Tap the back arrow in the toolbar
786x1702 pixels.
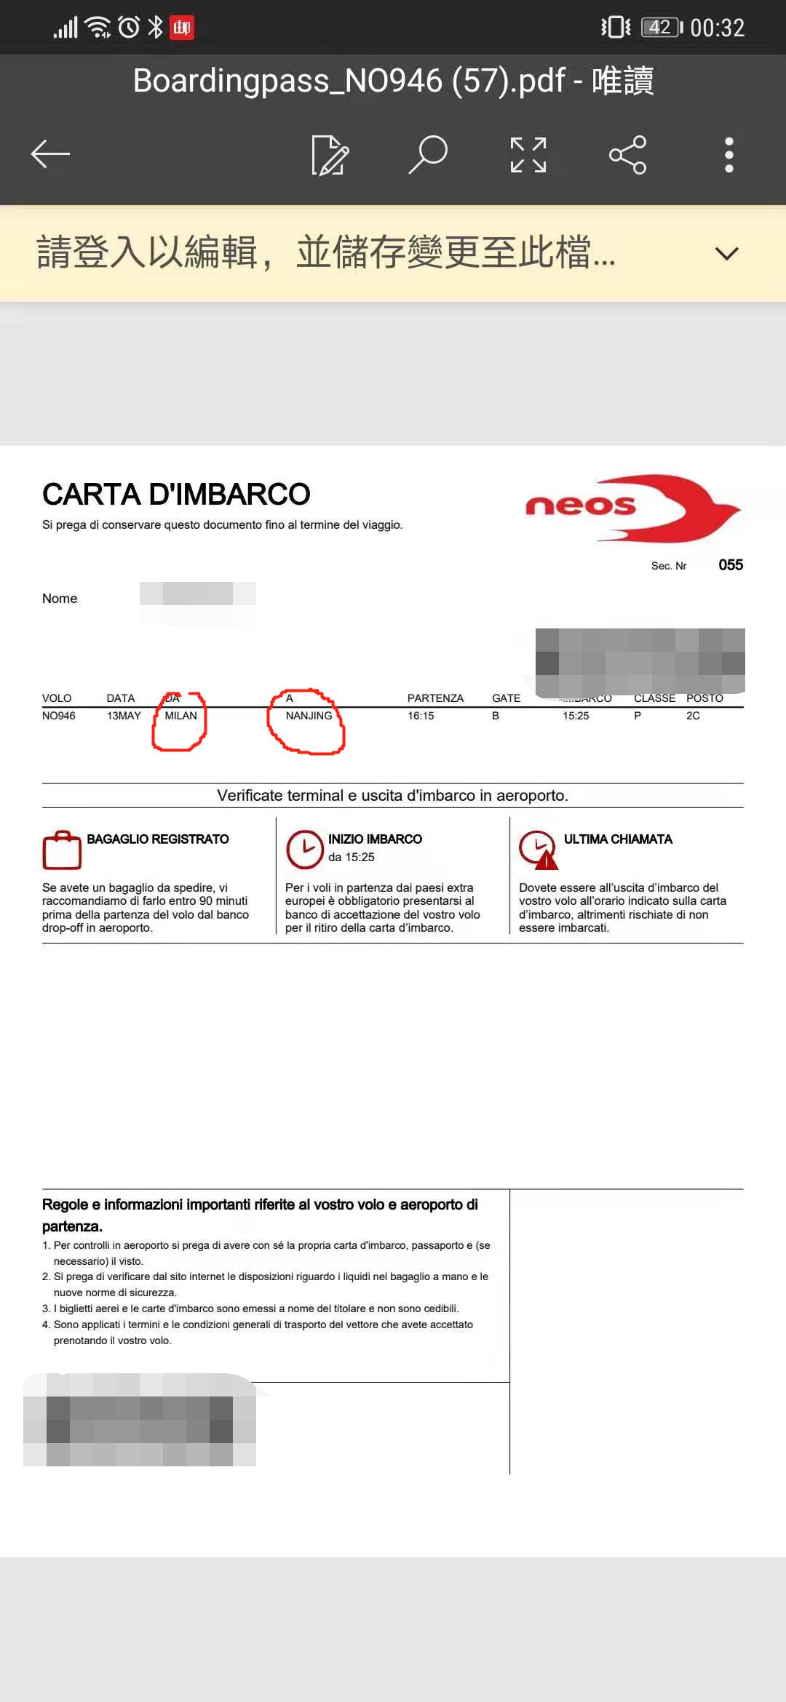(50, 154)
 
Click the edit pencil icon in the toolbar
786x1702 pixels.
(330, 155)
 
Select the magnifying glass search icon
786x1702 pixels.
(428, 154)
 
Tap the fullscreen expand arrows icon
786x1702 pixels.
(528, 155)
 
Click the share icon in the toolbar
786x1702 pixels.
(627, 155)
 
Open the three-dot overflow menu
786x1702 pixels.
(729, 155)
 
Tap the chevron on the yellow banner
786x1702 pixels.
(726, 254)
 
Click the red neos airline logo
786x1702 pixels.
(632, 508)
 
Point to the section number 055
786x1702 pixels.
(730, 565)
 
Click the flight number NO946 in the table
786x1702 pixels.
(59, 716)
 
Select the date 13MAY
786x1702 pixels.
(124, 716)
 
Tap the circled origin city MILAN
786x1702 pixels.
(180, 716)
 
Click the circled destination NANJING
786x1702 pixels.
(309, 716)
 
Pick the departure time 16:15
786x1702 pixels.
(421, 716)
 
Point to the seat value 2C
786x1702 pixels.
(693, 716)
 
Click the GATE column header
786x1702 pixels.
(506, 698)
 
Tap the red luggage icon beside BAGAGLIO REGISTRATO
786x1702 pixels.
(62, 850)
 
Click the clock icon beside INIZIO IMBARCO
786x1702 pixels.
(304, 850)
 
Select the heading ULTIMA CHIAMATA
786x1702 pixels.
(618, 839)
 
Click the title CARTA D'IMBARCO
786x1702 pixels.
(176, 495)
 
